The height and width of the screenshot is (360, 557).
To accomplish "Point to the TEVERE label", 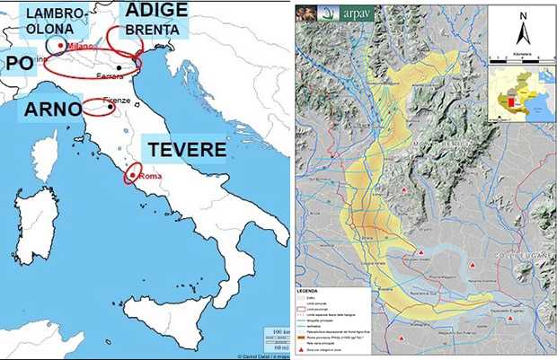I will tap(183, 148).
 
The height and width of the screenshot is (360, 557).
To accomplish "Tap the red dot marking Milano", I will tap(60, 43).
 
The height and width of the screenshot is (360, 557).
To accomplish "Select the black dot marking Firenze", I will tap(111, 105).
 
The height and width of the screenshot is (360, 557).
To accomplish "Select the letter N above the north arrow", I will tap(522, 15).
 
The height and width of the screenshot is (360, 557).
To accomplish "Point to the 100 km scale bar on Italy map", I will tap(275, 333).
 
